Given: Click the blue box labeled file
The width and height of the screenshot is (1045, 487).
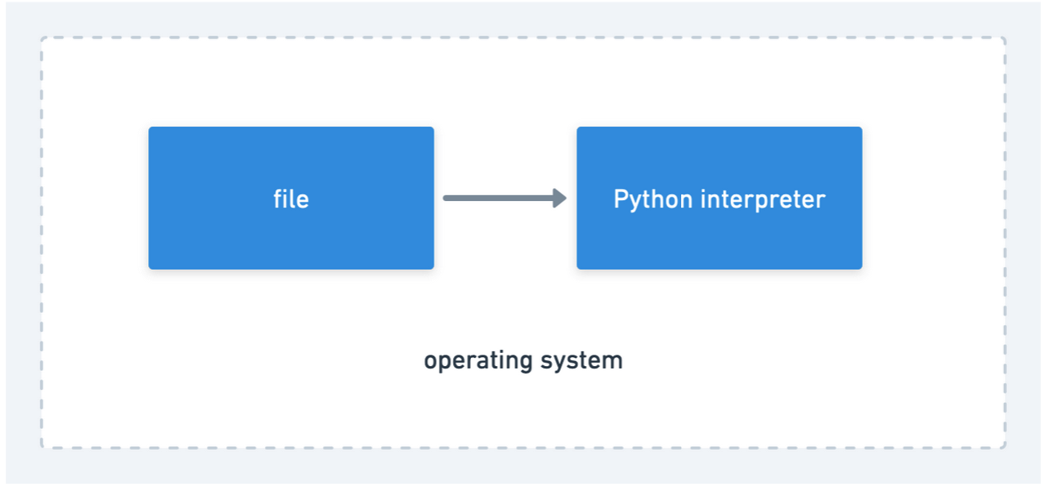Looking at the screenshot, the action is click(291, 198).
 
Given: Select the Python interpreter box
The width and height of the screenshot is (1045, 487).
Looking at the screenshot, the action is click(720, 198).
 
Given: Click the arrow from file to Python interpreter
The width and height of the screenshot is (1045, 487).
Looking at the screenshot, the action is click(505, 198).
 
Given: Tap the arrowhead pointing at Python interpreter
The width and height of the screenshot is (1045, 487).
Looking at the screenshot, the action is click(560, 198).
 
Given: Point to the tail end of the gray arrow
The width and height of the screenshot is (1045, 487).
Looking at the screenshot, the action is click(445, 198).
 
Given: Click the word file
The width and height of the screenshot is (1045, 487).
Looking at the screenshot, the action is click(291, 199).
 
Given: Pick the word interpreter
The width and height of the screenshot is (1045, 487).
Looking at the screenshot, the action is click(763, 200).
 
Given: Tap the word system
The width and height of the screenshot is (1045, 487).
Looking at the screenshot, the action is click(581, 361).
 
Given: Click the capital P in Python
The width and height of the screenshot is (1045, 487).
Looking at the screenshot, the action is click(621, 199).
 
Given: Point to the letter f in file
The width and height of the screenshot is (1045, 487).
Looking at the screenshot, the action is click(278, 199).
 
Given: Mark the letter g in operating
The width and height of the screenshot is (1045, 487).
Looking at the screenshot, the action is click(526, 364).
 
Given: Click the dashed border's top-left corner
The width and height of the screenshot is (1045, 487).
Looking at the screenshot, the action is click(42, 38).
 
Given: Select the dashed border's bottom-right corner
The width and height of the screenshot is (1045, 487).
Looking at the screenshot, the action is click(1004, 448).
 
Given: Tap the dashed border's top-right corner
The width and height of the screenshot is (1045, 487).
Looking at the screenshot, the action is click(1004, 38).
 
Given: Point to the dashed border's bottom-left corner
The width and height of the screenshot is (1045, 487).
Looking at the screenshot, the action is click(42, 448).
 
